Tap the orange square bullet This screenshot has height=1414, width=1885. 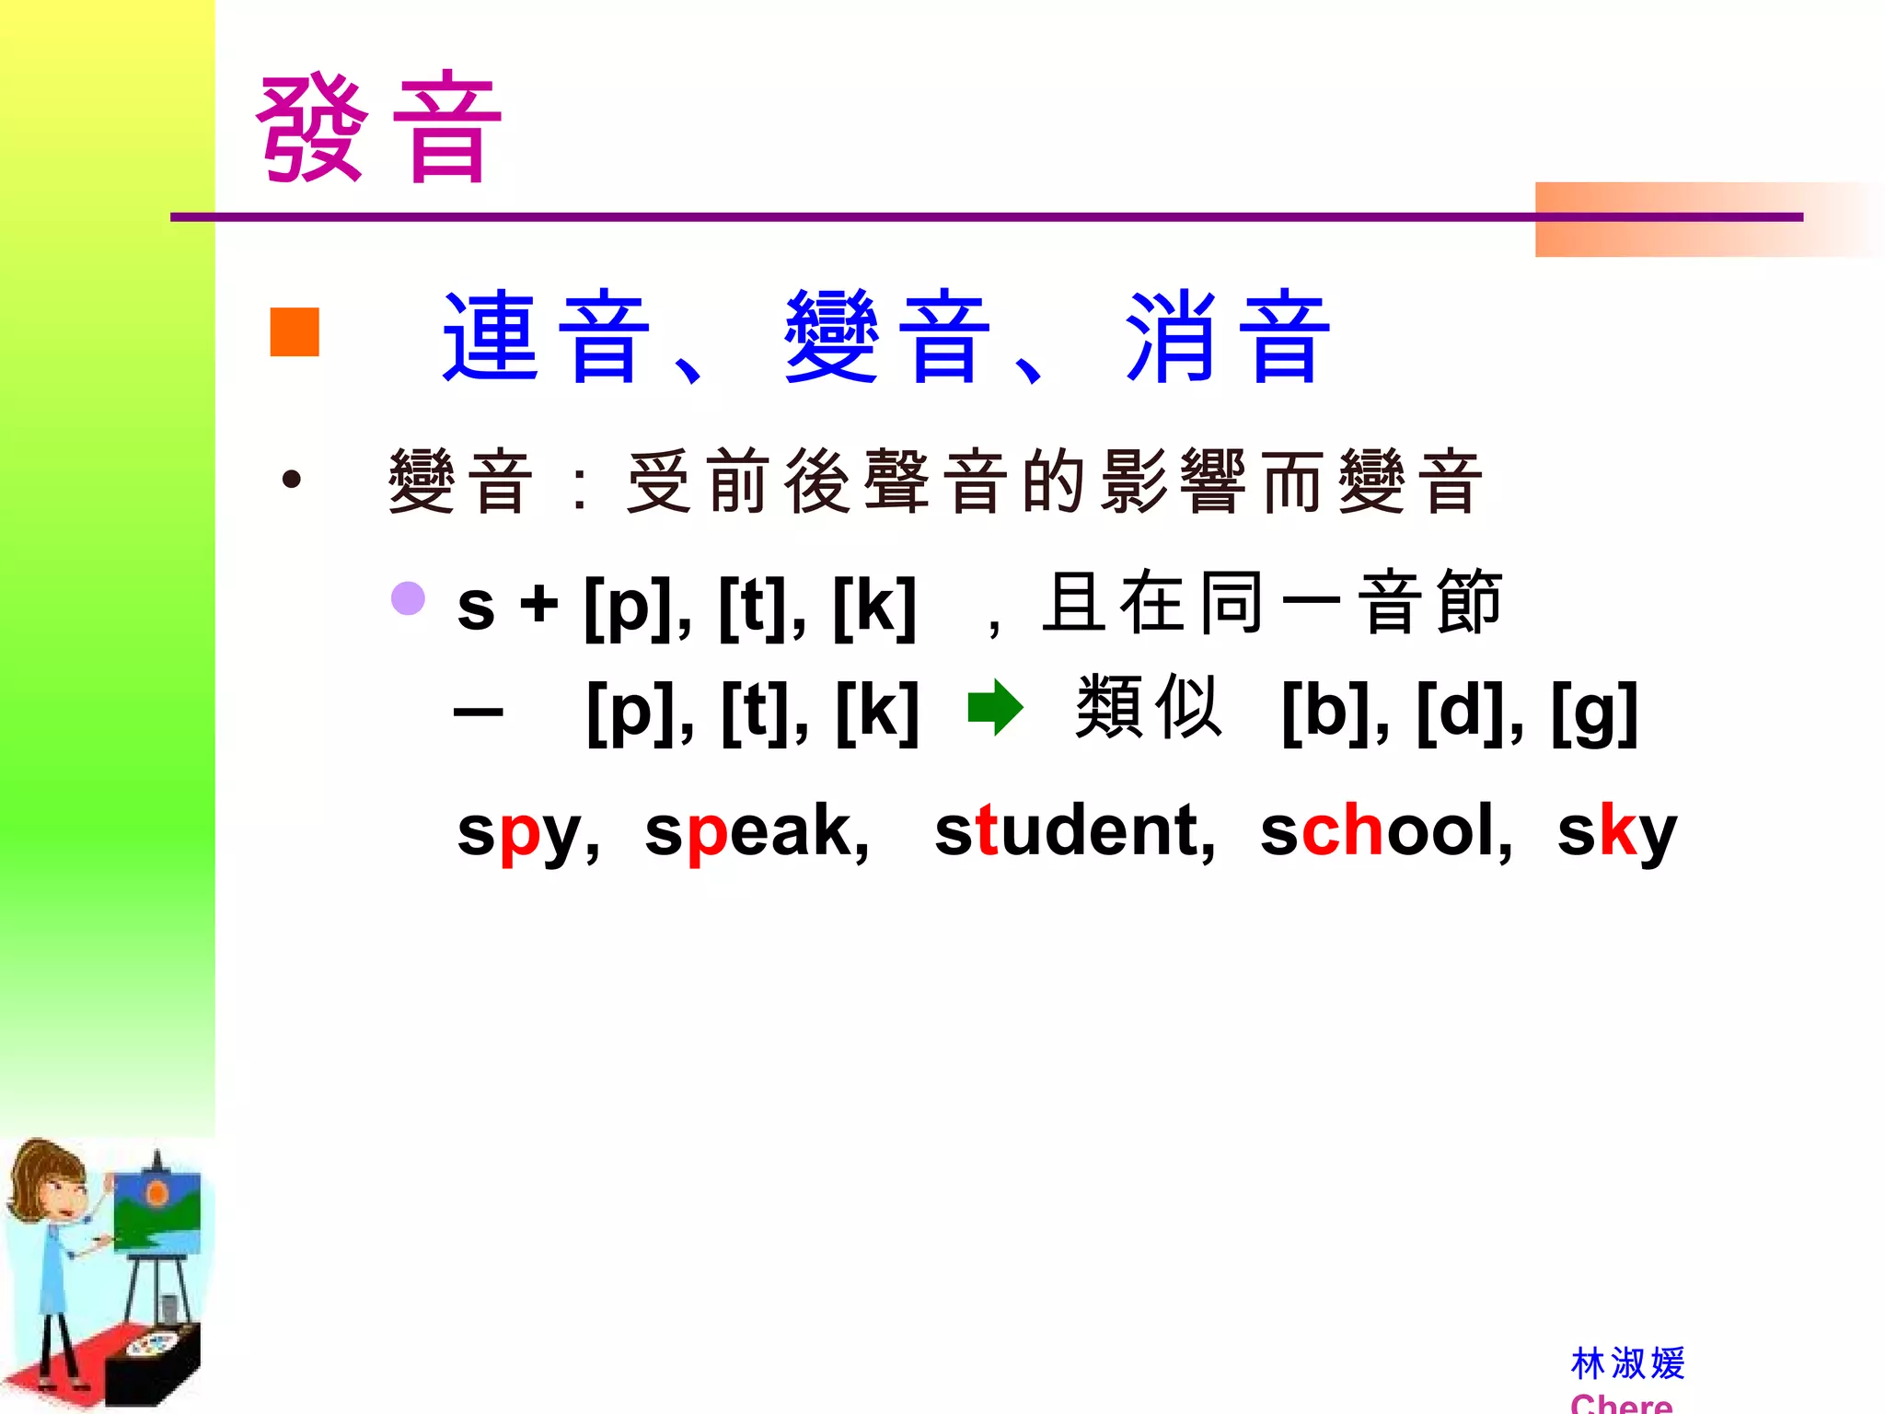pyautogui.click(x=295, y=331)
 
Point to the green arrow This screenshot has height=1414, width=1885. pyautogui.click(x=995, y=708)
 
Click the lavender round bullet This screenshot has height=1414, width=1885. pyautogui.click(x=408, y=598)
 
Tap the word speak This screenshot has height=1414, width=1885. pyautogui.click(x=756, y=831)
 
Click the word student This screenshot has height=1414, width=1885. pyautogui.click(x=1073, y=831)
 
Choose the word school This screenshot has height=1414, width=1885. pyautogui.click(x=1385, y=831)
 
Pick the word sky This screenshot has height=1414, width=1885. pyautogui.click(x=1616, y=831)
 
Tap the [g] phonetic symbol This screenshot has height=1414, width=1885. pyautogui.click(x=1595, y=712)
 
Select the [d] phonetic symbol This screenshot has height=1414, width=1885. pyautogui.click(x=1463, y=712)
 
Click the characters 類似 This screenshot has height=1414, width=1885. pyautogui.click(x=1149, y=708)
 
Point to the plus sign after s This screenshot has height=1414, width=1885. pyautogui.click(x=539, y=606)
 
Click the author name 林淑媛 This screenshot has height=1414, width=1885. pyautogui.click(x=1627, y=1363)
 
